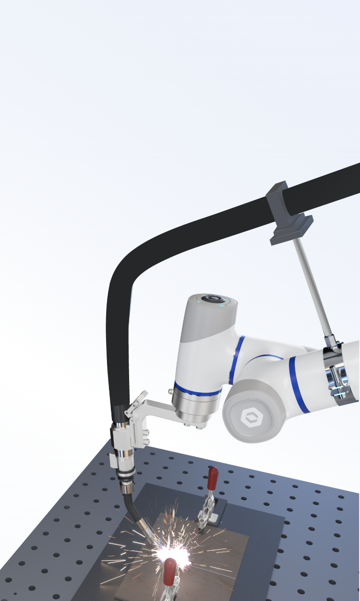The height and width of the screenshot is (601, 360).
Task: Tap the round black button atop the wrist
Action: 212,300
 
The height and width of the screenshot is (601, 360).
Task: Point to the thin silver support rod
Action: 311,288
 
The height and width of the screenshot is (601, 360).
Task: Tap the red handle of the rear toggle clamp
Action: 213,478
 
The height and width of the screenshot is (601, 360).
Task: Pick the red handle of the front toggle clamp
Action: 169,571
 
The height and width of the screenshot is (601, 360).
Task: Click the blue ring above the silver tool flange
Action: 198,388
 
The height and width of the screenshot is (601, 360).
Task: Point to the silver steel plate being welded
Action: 202,566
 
